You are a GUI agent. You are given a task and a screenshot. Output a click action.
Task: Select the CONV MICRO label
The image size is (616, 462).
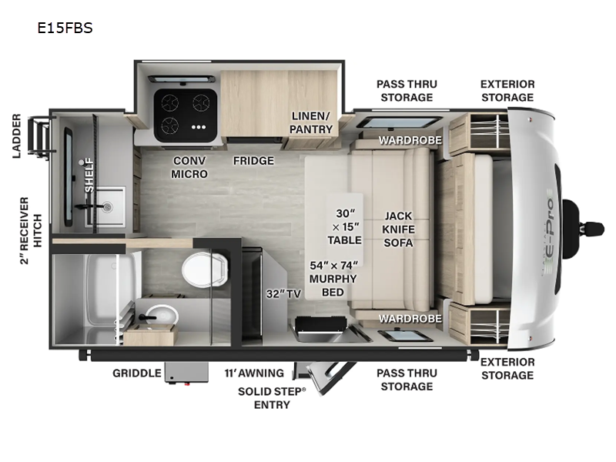(189, 167)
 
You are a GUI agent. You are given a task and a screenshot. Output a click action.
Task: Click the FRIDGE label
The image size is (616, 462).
(254, 161)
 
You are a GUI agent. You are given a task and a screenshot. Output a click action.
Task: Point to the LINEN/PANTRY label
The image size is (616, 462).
(311, 122)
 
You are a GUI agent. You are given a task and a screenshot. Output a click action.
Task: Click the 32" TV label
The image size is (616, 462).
(283, 293)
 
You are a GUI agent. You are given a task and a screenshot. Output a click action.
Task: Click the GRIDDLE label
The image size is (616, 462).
(137, 373)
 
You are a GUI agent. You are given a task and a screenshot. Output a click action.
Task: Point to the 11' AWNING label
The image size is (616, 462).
(254, 373)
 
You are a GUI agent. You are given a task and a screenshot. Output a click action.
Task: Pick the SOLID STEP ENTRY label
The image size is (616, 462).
(272, 398)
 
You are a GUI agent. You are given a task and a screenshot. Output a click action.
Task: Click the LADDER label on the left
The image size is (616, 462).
(16, 136)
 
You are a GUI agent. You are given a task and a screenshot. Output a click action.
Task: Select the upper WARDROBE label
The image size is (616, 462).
(410, 141)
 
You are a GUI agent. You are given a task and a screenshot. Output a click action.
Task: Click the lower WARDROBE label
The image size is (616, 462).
(410, 317)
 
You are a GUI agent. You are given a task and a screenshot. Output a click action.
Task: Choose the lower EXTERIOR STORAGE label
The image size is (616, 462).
(507, 368)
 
